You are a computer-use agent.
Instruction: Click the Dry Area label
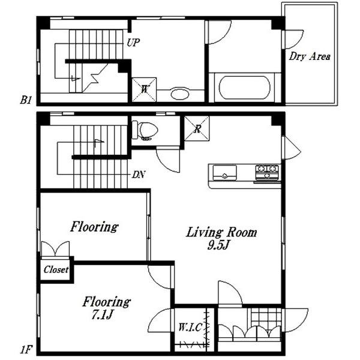[x=310, y=56]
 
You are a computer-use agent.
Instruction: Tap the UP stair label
[x=133, y=43]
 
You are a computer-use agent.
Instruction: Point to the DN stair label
[x=139, y=175]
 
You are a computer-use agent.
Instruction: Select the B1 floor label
[x=26, y=100]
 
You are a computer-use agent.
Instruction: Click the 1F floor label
[x=26, y=350]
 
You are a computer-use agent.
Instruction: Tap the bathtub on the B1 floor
[x=245, y=87]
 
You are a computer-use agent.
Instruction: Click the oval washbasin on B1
[x=180, y=94]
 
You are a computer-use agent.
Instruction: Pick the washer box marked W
[x=144, y=89]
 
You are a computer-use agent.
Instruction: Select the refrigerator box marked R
[x=197, y=128]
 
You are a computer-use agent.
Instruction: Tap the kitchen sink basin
[x=224, y=173]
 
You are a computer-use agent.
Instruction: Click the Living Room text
[x=221, y=232]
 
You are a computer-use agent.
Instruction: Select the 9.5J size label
[x=218, y=245]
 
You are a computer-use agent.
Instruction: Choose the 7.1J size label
[x=102, y=314]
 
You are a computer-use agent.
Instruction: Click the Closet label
[x=56, y=269]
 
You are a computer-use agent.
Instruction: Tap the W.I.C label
[x=190, y=327]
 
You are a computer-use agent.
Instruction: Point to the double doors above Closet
[x=55, y=249]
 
